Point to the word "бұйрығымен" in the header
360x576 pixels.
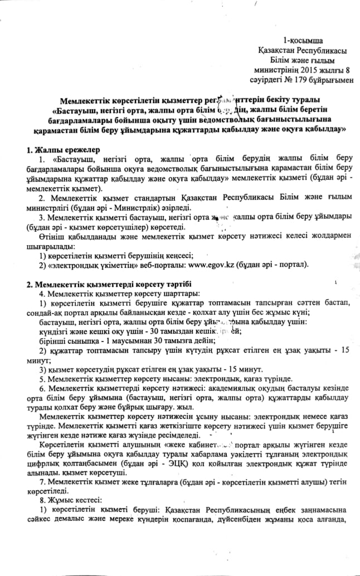pyautogui.click(x=333, y=81)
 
